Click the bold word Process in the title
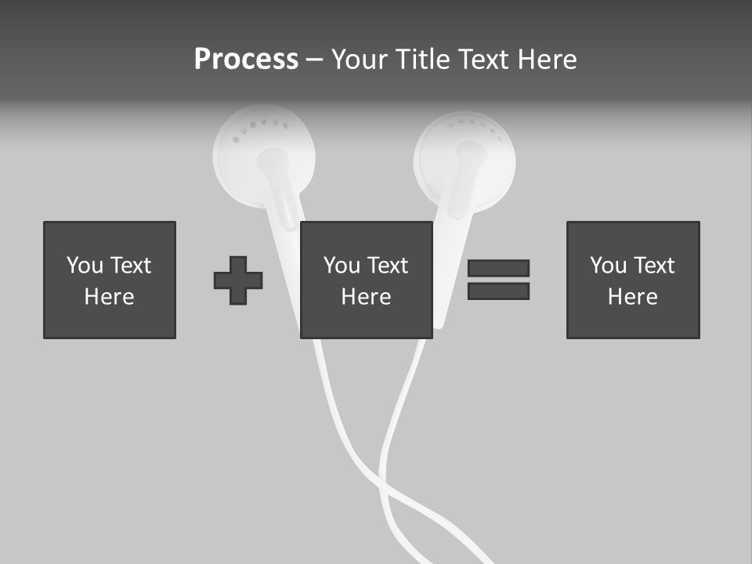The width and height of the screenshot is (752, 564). coord(246,60)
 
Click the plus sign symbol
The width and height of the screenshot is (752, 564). coord(238,280)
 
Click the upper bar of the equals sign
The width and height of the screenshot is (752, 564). coord(498,268)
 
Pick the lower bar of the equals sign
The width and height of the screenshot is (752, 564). coord(498,291)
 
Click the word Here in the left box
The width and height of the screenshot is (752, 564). coord(109,297)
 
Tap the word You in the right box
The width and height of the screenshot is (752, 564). coord(608,266)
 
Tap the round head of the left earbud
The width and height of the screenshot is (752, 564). coord(263,157)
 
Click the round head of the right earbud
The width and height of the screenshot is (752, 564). coord(465,161)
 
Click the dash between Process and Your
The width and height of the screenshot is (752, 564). coord(315,60)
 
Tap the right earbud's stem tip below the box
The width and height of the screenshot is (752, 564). coord(439,322)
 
